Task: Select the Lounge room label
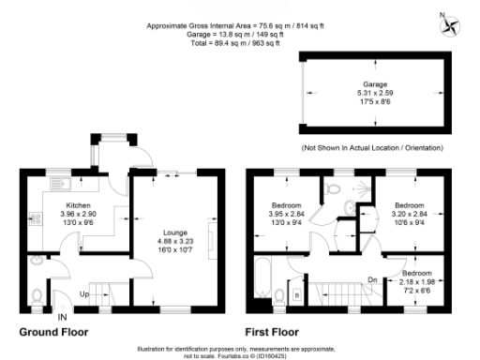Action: coord(176,232)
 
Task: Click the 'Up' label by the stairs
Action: coord(84,293)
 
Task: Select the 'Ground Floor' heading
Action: coord(53,332)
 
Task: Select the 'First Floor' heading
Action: coord(277,332)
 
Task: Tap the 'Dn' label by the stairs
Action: coord(372,278)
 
